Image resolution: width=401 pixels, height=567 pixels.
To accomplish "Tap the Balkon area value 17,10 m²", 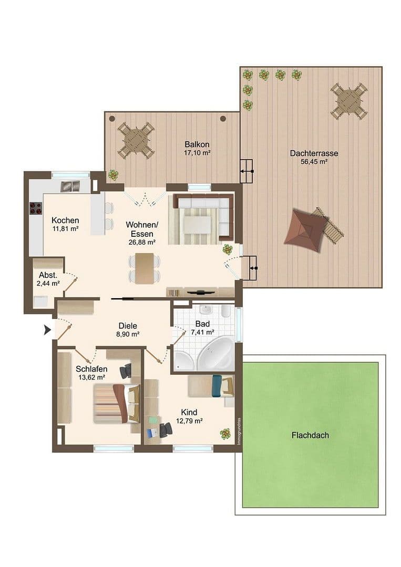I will pos(197,153).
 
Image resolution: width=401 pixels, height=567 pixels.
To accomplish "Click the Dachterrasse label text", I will pos(314,153).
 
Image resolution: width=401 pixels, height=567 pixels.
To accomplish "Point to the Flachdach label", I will pos(310,435).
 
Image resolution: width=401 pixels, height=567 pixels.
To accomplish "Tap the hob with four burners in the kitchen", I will pos(36,208).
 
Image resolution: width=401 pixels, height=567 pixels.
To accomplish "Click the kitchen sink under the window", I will pos(70,186).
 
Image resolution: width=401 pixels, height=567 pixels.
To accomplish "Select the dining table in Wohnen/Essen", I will pos(144,268).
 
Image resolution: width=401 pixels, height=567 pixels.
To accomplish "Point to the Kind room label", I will pos(189,412).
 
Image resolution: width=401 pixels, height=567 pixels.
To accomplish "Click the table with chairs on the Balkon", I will pos(136,140).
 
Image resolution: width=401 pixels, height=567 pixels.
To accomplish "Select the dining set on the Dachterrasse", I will pos(348,100).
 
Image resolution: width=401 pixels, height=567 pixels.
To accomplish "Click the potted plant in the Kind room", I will pos(225,434).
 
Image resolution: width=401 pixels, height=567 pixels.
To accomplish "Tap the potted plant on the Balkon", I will pos(113,175).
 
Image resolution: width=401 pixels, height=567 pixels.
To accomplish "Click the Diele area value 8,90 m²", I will pos(128,333).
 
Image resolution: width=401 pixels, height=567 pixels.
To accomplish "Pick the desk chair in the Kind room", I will pos(166,429).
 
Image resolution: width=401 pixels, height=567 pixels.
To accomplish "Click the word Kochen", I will pos(65,220).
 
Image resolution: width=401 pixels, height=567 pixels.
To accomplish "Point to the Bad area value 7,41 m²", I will pos(202,332).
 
